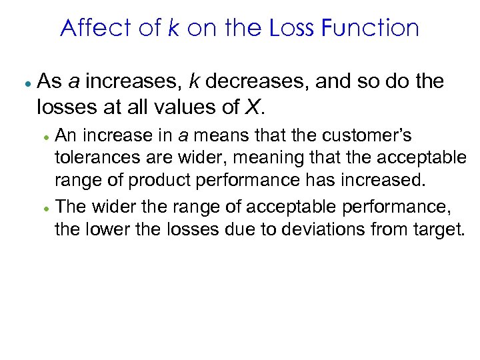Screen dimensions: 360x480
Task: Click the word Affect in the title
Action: coord(90,28)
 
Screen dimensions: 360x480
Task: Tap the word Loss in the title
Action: coord(292,28)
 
